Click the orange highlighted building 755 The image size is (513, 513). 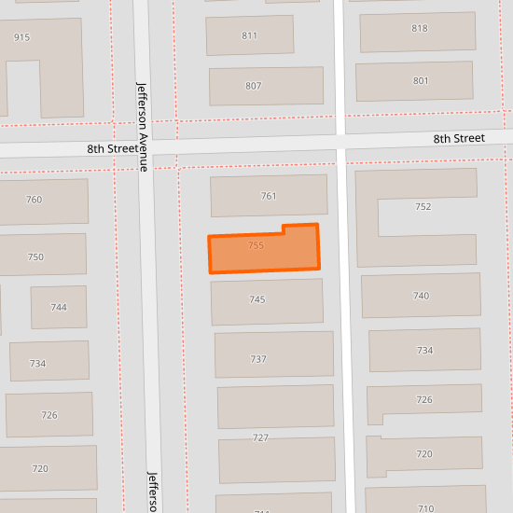(x=263, y=250)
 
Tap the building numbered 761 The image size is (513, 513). (x=269, y=196)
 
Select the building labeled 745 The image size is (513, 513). (x=267, y=301)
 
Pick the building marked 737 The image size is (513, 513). (x=274, y=354)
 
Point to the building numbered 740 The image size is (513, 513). (x=421, y=296)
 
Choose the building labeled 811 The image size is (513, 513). (x=249, y=35)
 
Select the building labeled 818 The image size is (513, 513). (x=420, y=28)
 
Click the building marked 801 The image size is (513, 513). (x=421, y=81)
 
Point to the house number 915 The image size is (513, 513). (x=22, y=37)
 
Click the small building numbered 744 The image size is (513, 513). (x=59, y=307)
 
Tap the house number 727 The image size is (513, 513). (x=261, y=437)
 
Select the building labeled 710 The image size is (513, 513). (x=425, y=504)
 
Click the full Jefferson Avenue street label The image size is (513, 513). (x=143, y=126)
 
